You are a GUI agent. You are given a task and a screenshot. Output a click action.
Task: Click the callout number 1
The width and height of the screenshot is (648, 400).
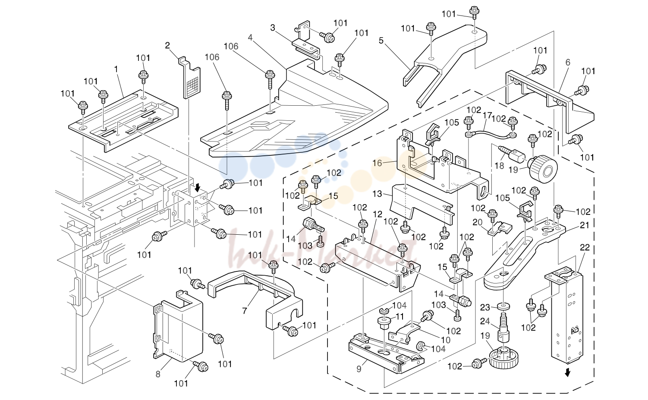pyautogui.click(x=116, y=69)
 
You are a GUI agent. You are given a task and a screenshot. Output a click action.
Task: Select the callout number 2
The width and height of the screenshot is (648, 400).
pyautogui.click(x=167, y=45)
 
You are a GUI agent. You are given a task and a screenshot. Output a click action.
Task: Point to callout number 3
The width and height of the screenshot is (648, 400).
pyautogui.click(x=273, y=28)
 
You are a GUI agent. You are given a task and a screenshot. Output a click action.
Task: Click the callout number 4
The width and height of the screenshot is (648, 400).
pyautogui.click(x=250, y=38)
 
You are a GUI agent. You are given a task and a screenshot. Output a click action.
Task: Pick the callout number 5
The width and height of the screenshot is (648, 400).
pyautogui.click(x=381, y=41)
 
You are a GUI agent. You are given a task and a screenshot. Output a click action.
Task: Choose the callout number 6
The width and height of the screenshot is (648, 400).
pyautogui.click(x=568, y=62)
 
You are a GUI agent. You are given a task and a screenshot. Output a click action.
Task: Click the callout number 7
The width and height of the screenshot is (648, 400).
pyautogui.click(x=245, y=311)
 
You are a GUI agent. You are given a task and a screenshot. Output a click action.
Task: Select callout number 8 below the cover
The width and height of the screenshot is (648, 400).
pyautogui.click(x=158, y=374)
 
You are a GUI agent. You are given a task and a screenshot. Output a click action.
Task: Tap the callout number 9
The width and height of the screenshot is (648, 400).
pyautogui.click(x=359, y=369)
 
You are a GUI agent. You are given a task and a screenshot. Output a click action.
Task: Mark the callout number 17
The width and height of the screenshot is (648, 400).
pyautogui.click(x=487, y=116)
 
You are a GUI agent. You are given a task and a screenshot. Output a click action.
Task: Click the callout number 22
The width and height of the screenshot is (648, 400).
pyautogui.click(x=585, y=248)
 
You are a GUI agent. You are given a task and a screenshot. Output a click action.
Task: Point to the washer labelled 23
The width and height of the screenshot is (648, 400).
pyautogui.click(x=504, y=306)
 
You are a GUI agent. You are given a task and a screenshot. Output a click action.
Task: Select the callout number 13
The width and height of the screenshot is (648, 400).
pyautogui.click(x=377, y=194)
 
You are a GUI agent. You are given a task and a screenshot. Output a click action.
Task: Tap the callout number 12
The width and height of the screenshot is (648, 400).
pyautogui.click(x=377, y=214)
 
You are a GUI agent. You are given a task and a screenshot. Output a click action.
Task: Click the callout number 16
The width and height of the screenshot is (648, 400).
pyautogui.click(x=377, y=163)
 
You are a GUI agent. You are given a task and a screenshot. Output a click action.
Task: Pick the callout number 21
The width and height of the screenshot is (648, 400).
pyautogui.click(x=584, y=225)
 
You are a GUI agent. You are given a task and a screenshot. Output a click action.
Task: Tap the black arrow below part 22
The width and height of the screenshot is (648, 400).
pyautogui.click(x=568, y=372)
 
